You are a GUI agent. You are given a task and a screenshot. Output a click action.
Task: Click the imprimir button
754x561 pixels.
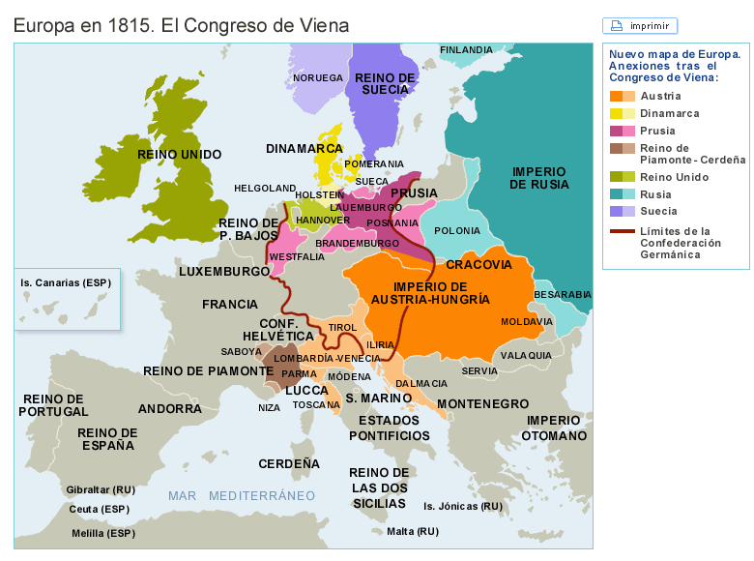(640, 26)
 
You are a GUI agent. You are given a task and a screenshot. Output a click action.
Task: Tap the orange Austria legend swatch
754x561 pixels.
(616, 96)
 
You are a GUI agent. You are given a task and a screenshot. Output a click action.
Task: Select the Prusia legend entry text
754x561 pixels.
(657, 131)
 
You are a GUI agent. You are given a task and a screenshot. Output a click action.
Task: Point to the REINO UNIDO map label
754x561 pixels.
(180, 154)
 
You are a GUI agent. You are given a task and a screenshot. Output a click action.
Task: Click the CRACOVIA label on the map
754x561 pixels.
(478, 264)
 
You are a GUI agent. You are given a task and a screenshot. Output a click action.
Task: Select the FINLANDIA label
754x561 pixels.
(466, 49)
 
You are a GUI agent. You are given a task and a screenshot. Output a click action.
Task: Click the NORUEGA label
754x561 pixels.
(318, 77)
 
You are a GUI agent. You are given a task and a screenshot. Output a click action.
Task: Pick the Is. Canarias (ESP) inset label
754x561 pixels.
(65, 283)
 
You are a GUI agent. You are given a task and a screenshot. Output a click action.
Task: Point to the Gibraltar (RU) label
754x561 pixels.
(101, 489)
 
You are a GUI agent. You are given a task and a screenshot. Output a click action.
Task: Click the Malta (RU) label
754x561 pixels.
(412, 531)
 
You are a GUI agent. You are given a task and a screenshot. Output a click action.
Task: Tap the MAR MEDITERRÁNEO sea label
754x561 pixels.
(242, 495)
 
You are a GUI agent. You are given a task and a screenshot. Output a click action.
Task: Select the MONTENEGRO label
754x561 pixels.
(482, 403)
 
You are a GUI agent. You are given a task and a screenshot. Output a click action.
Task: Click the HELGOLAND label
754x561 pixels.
(265, 188)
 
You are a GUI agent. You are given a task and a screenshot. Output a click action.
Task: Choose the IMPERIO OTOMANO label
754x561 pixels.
(556, 428)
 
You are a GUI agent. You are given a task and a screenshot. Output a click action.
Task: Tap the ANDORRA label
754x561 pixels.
(170, 408)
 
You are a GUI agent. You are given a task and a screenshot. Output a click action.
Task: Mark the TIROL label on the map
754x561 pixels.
(342, 328)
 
